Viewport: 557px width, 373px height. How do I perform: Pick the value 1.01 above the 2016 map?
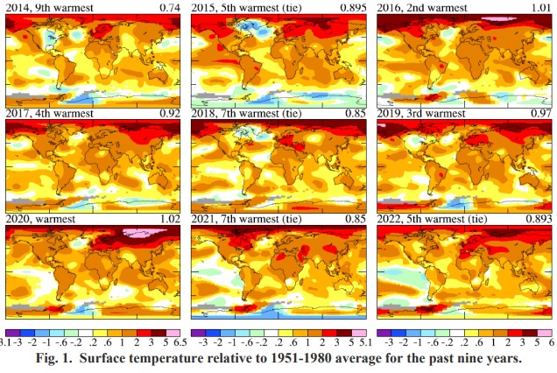click(539, 8)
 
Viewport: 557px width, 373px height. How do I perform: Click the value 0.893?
click(536, 217)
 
